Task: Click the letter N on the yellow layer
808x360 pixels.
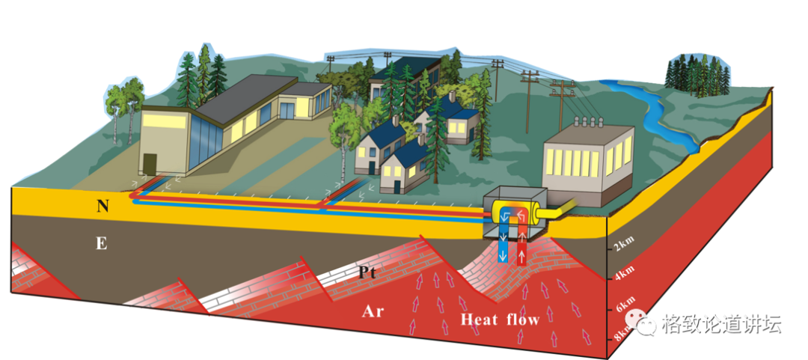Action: pyautogui.click(x=103, y=205)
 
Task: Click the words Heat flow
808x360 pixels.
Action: pyautogui.click(x=500, y=320)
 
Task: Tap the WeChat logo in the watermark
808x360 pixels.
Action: pyautogui.click(x=646, y=324)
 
